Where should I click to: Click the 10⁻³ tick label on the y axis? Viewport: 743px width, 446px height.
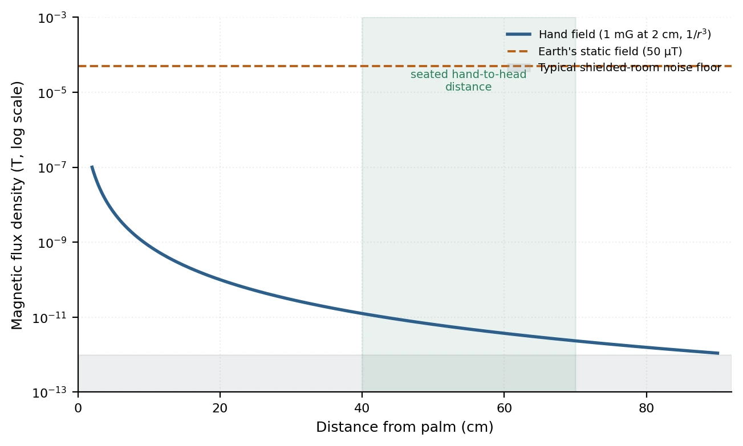coord(52,18)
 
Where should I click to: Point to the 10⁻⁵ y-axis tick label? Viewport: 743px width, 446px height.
coord(52,93)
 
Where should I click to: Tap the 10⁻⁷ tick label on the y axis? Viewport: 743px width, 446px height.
coord(52,167)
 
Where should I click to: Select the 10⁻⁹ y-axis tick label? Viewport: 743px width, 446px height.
coord(52,243)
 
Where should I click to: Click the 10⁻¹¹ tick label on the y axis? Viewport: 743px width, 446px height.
coord(50,318)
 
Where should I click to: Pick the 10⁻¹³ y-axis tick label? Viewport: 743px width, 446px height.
coord(50,393)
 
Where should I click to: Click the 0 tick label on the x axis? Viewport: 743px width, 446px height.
coord(78,408)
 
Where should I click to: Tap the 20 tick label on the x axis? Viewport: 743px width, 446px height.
coord(220,408)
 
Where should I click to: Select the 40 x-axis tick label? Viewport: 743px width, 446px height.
coord(362,408)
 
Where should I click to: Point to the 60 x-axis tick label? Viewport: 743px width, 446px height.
coord(504,408)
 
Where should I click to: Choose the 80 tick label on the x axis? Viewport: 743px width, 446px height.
coord(647,408)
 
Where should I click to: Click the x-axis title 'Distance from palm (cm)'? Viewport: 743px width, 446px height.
coord(405,427)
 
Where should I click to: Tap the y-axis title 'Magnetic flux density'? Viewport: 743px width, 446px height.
coord(17,206)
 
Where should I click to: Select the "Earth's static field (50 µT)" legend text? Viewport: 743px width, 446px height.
coord(610,51)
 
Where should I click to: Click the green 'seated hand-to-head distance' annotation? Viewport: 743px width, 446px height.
coord(468,80)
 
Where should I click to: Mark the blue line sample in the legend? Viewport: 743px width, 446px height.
coord(519,34)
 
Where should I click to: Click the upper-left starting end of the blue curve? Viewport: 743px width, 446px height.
coord(92,166)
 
